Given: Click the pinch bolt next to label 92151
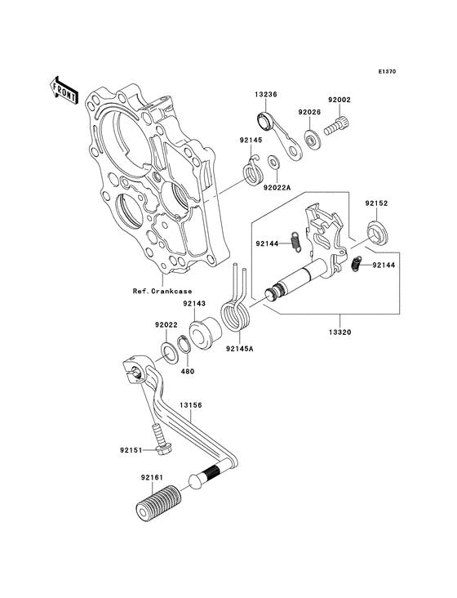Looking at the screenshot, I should click(x=158, y=444).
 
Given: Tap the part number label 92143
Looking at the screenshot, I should click(x=193, y=303).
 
